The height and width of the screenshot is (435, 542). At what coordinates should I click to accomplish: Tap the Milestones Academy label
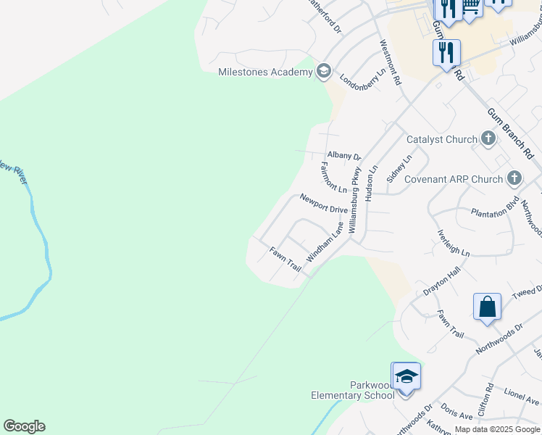(x=265, y=72)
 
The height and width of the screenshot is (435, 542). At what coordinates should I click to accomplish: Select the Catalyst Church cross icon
(x=488, y=138)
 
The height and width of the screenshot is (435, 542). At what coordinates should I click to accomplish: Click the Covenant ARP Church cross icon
(x=514, y=178)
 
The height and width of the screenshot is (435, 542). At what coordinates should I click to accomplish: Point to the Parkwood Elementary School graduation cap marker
(x=406, y=377)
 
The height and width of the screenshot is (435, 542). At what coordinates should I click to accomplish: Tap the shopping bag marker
(x=487, y=306)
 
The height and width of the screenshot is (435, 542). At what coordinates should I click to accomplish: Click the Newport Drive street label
(x=324, y=204)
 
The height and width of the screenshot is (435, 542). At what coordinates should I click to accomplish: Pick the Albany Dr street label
(x=343, y=155)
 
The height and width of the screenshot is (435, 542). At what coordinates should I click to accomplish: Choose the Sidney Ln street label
(x=399, y=167)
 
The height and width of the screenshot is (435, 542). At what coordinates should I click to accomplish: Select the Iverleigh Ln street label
(x=454, y=243)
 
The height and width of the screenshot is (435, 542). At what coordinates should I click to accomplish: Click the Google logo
(x=24, y=426)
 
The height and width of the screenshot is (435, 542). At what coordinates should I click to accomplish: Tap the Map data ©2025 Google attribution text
(x=497, y=429)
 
